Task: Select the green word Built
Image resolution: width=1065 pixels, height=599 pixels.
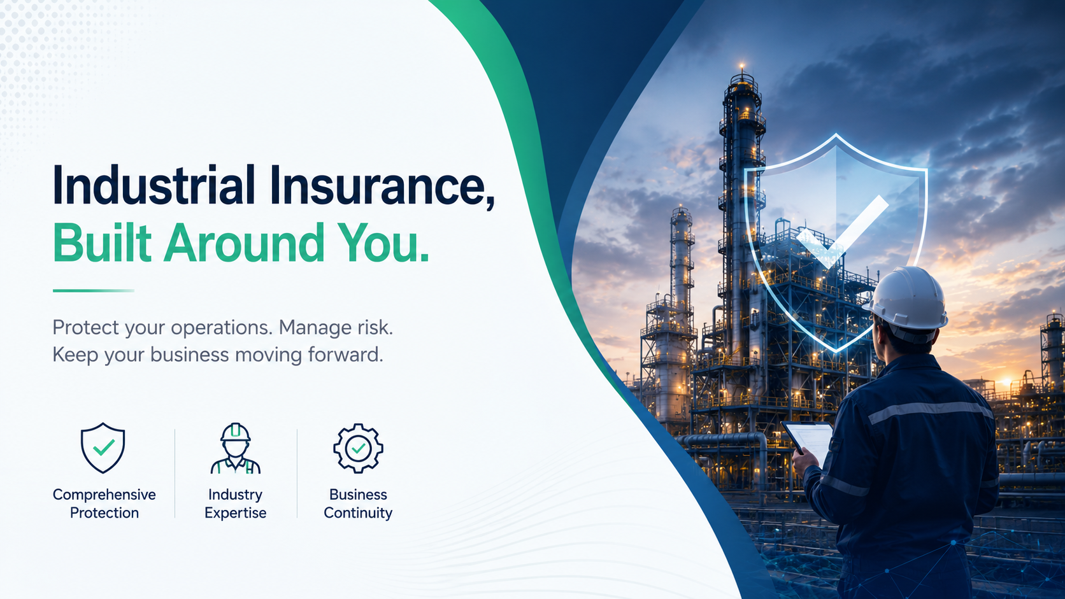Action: tap(102, 243)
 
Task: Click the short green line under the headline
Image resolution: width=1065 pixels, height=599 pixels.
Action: tap(93, 291)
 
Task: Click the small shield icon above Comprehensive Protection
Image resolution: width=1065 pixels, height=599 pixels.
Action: tap(103, 448)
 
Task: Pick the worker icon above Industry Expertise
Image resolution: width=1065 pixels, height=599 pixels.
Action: tap(235, 448)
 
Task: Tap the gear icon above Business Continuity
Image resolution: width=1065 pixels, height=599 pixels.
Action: tap(358, 448)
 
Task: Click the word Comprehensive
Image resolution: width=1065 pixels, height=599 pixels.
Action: tap(104, 495)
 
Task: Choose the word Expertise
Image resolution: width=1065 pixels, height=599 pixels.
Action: tap(235, 513)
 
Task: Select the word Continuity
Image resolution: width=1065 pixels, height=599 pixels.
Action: tap(358, 513)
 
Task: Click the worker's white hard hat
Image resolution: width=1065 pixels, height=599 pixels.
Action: tap(906, 299)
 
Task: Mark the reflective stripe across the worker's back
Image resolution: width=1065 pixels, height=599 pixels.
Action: tap(929, 411)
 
